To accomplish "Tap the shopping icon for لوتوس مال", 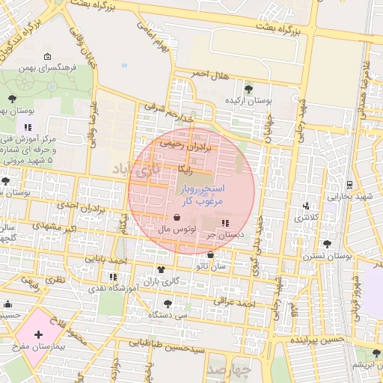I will pyautogui.click(x=176, y=218).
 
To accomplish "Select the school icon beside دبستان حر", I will pyautogui.click(x=226, y=223).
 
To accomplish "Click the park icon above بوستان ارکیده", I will pyautogui.click(x=249, y=89).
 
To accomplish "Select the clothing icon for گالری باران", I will pyautogui.click(x=160, y=270).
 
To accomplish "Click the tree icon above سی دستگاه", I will pyautogui.click(x=167, y=304).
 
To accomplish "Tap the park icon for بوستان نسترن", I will pyautogui.click(x=327, y=244).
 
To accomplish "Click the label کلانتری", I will pyautogui.click(x=304, y=218).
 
